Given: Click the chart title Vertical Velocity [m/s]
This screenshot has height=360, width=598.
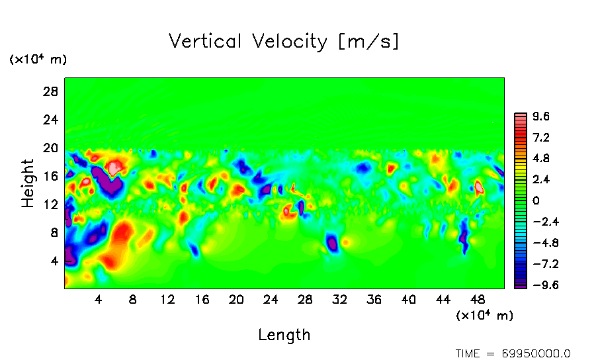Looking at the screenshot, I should (284, 42).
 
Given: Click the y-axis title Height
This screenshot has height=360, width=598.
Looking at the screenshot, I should (28, 183).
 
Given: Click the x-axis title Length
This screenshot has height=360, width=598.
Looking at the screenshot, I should (284, 335).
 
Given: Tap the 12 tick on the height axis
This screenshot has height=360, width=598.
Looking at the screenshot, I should (50, 204).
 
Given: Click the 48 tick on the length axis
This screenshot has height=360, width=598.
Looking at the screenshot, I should (443, 300).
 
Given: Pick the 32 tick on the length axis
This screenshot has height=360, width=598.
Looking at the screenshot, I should (340, 300).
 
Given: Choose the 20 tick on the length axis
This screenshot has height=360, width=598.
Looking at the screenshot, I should (236, 300).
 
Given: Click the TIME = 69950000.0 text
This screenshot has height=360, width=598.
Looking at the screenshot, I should (513, 353).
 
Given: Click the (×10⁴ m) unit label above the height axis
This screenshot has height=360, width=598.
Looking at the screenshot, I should (38, 60).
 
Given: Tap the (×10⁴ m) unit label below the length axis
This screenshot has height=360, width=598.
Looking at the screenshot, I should (484, 316).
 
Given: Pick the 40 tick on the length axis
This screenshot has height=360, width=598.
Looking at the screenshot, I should (409, 300).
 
